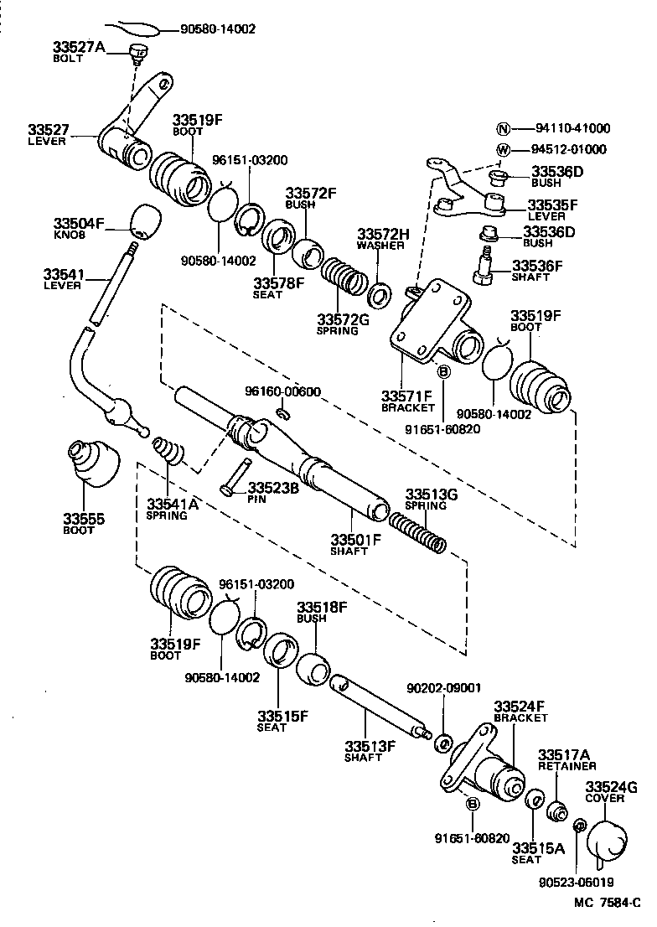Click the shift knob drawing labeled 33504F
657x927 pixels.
tap(144, 221)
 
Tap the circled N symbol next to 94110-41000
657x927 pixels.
tap(503, 129)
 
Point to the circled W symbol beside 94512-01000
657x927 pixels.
tap(503, 150)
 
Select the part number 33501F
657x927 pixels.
tap(355, 539)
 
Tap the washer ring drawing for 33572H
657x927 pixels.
tap(380, 294)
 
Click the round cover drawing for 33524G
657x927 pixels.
tap(606, 841)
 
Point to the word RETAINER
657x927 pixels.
tap(566, 766)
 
